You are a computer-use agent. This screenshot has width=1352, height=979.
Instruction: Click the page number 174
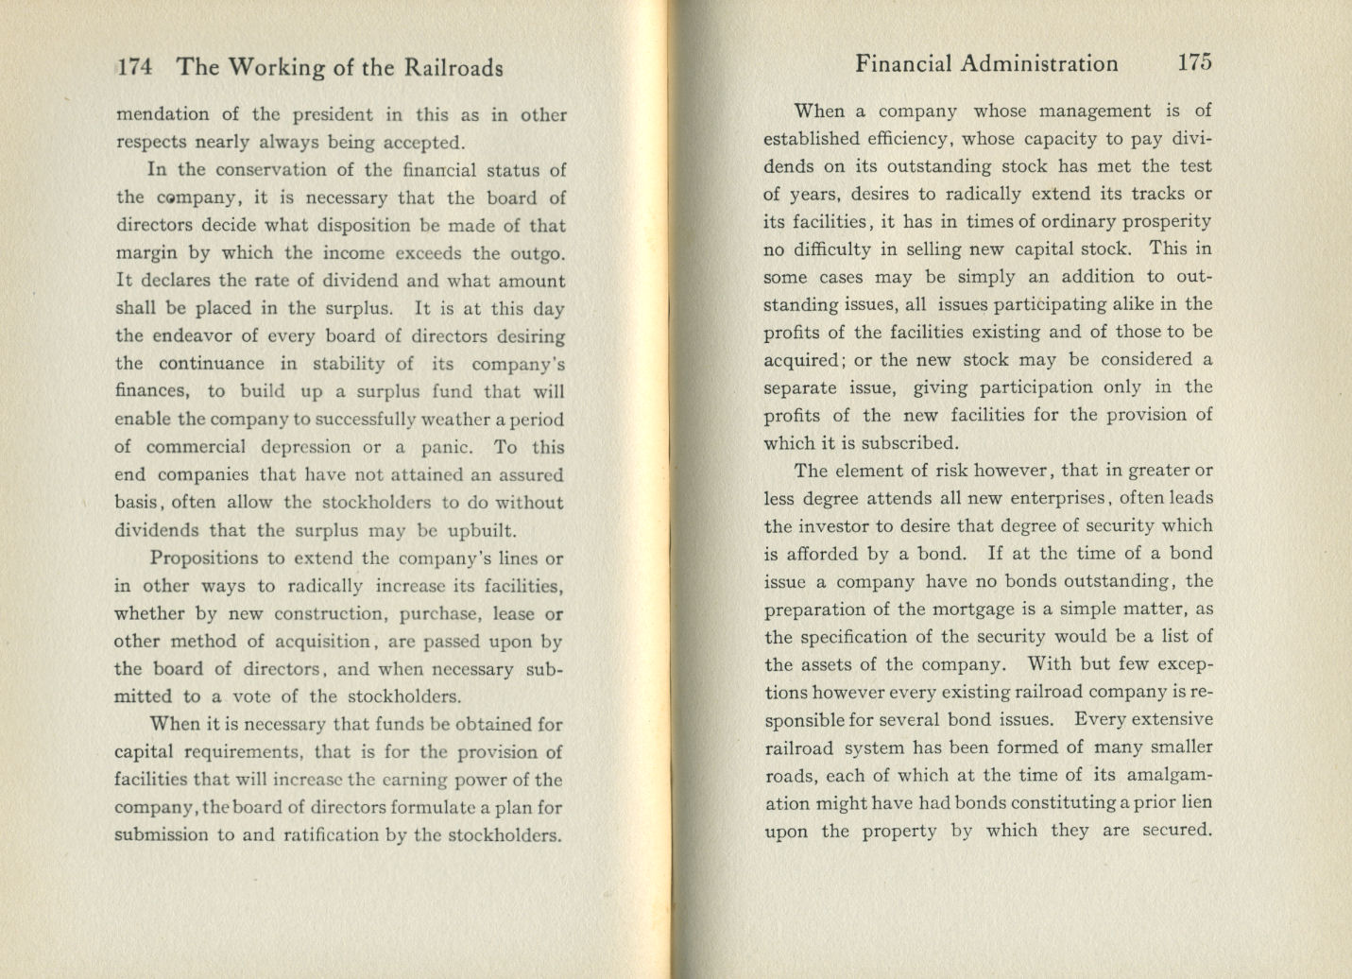point(134,67)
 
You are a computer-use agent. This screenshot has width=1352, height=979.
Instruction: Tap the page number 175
point(1194,63)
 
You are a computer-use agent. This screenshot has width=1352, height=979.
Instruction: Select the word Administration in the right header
point(1039,63)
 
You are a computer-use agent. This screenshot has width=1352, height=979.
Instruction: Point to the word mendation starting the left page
point(163,115)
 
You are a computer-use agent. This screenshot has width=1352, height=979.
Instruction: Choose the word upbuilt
point(482,530)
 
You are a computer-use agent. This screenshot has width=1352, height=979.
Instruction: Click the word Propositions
point(203,558)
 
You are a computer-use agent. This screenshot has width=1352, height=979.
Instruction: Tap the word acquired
point(804,360)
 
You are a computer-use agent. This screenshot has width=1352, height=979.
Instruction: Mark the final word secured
point(1176,830)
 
